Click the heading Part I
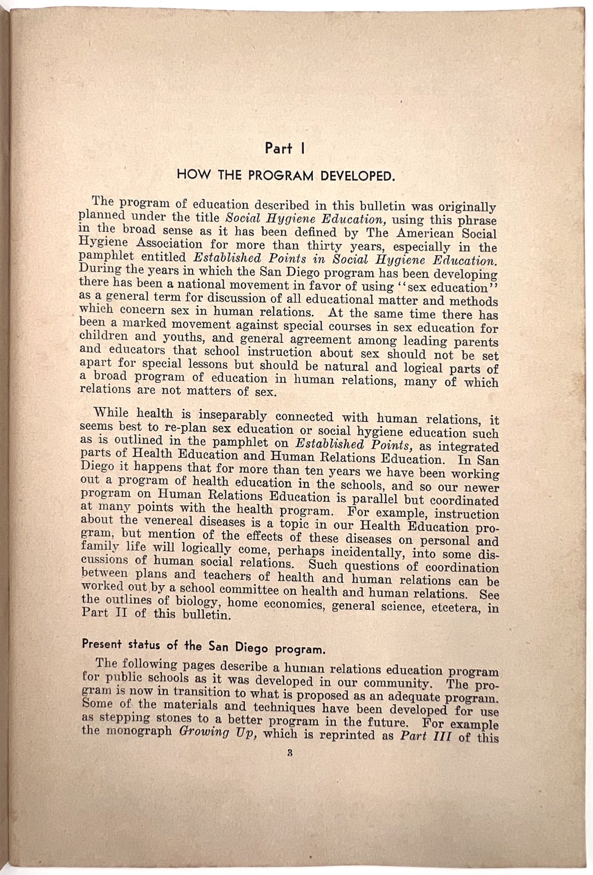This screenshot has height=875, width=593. pyautogui.click(x=284, y=148)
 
